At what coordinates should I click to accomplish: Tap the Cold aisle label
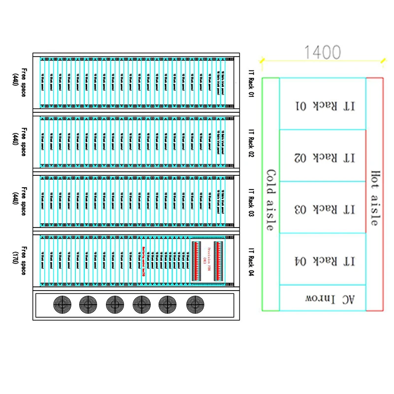270,200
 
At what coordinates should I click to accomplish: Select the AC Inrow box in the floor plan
323,298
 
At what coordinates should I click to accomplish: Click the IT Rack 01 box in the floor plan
323,105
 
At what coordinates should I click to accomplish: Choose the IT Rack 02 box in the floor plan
323,157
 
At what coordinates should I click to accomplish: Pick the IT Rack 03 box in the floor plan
323,208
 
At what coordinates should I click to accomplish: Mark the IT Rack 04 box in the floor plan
323,260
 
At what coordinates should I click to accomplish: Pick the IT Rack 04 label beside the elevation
251,261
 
